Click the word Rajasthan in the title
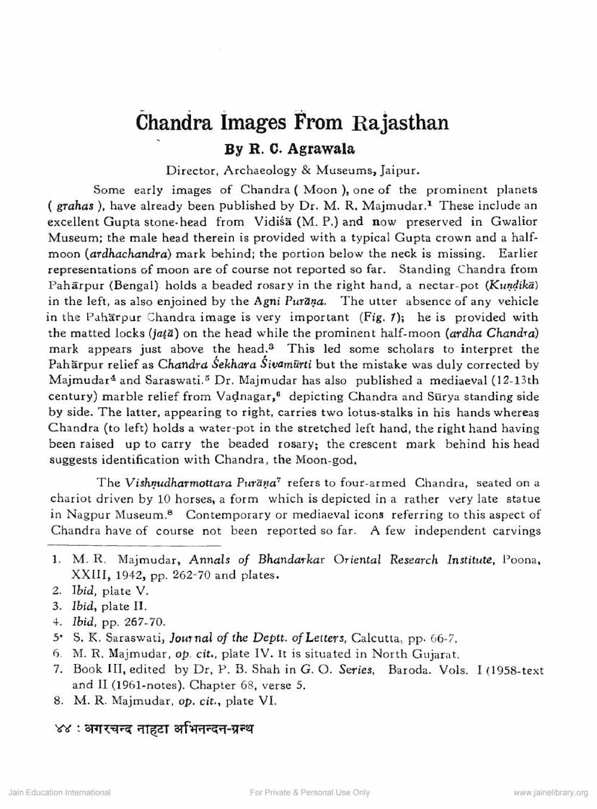click(x=389, y=122)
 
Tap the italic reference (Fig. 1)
click(x=388, y=317)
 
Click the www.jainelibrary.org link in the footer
click(x=550, y=792)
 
